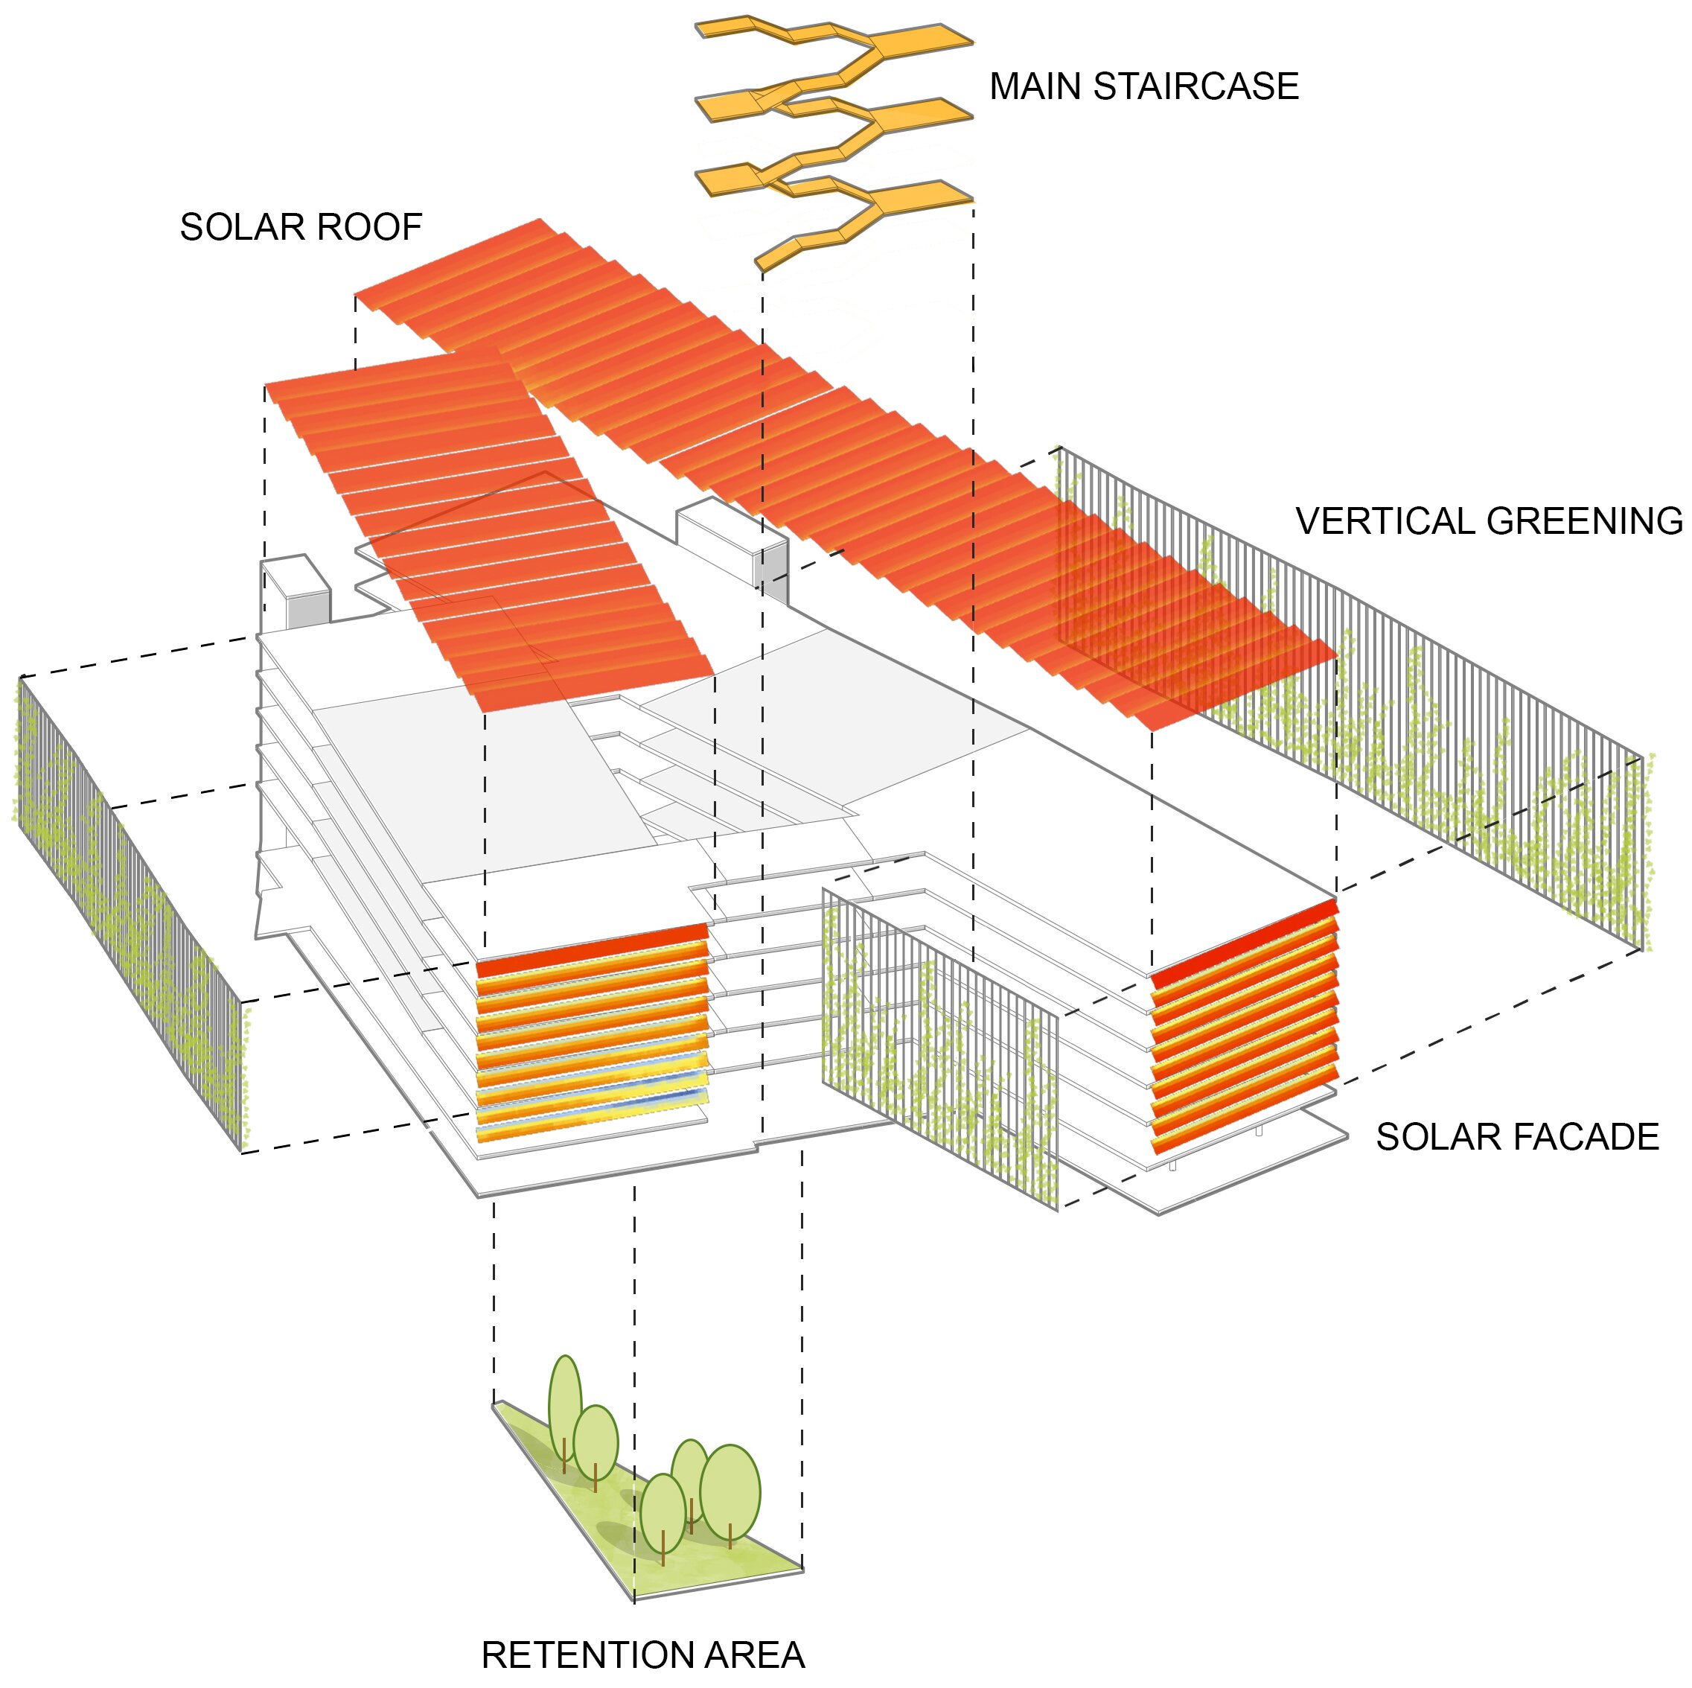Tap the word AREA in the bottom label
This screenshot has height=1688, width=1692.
coord(754,1654)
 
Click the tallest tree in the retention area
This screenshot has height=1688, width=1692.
coord(564,1408)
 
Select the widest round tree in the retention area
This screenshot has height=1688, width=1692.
coord(730,1491)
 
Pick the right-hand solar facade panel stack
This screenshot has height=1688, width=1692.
coord(1244,1025)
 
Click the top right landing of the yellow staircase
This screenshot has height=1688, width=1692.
coord(919,39)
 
